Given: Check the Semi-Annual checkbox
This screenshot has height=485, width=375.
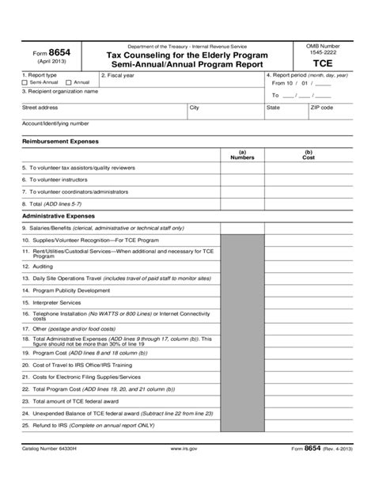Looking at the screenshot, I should tap(25, 82).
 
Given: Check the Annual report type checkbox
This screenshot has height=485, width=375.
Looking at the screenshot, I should tap(69, 82).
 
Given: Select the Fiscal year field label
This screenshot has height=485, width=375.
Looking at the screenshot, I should tap(119, 75).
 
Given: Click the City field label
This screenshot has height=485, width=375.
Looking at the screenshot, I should tap(195, 107).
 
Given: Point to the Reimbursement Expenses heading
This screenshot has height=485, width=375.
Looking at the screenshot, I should tap(60, 141).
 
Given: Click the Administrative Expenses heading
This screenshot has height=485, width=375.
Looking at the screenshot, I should tap(59, 215).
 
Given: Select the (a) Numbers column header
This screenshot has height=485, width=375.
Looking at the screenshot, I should tap(241, 155).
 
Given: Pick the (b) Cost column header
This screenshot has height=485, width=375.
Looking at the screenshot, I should tap(309, 155).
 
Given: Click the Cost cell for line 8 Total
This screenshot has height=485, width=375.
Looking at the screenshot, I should tap(309, 203).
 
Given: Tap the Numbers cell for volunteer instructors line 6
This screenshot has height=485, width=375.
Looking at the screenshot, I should tap(241, 180).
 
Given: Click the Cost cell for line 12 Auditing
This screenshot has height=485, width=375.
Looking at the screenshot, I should tap(309, 267).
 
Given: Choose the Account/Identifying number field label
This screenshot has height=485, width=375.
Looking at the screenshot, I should tap(55, 123).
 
